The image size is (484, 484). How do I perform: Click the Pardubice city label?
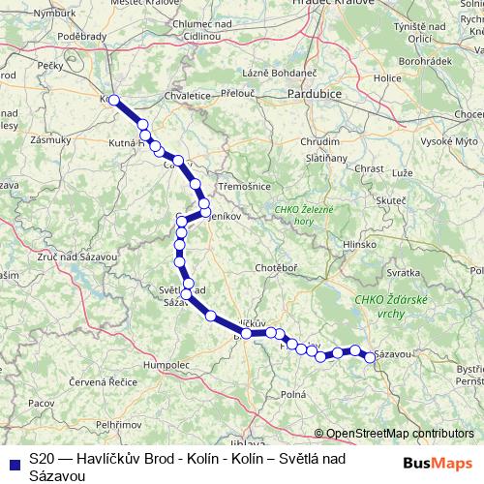318,95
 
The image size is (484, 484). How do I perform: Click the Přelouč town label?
239,94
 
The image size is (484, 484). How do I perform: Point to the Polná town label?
292,394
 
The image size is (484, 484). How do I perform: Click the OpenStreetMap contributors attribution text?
393,433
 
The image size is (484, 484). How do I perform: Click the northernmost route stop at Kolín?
114,100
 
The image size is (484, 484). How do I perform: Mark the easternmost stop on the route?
370,357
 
